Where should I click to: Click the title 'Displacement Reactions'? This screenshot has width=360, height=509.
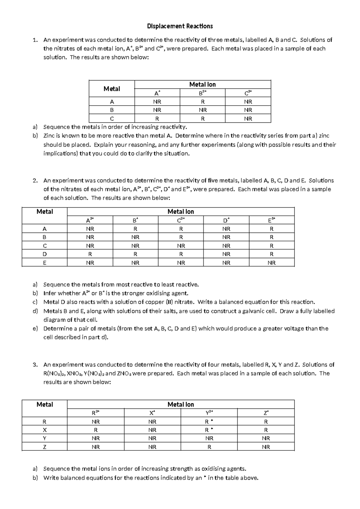(180, 26)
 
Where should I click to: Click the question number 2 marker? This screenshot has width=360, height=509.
(35, 181)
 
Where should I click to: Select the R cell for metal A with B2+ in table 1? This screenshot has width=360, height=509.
(202, 102)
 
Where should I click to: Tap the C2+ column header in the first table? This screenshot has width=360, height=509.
(248, 93)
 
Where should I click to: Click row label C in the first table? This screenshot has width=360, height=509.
(112, 119)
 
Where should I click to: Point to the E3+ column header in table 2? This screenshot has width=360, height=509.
(271, 220)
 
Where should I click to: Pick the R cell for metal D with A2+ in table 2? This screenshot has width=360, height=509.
(90, 254)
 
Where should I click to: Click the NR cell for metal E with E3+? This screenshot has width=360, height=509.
(271, 263)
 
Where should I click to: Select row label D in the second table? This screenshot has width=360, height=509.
(44, 254)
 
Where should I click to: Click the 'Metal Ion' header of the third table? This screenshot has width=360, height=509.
(181, 405)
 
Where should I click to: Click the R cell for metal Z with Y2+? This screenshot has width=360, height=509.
(209, 447)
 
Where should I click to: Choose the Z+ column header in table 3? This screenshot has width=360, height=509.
(266, 413)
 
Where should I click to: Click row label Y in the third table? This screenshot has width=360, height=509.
(44, 438)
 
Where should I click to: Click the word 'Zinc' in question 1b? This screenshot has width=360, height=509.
(50, 136)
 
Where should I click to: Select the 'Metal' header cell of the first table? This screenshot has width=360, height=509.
(112, 89)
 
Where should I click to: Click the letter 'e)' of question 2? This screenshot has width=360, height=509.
(35, 329)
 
